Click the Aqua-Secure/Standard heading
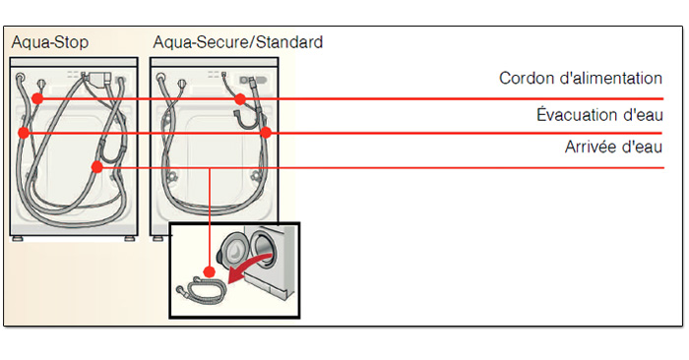point(237,43)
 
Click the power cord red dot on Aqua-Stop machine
point(36,98)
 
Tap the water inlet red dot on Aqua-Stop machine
point(96,167)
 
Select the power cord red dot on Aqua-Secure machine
point(240,98)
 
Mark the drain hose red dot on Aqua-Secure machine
point(266,132)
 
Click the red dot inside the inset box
point(209,271)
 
